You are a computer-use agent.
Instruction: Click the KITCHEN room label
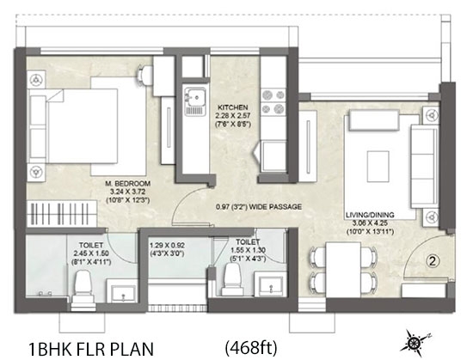pos(232,107)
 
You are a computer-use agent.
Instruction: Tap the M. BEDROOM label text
pos(127,184)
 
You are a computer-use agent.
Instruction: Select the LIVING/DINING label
pos(370,215)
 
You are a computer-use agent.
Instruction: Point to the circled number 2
pos(433,261)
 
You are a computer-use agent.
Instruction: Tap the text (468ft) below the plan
pos(251,348)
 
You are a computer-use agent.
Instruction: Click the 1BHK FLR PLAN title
pos(91,349)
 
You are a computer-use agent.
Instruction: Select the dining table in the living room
pos(343,270)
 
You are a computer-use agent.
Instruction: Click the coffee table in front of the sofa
pos(378,167)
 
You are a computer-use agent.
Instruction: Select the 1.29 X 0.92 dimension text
pos(167,245)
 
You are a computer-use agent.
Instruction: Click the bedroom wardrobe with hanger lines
pos(62,214)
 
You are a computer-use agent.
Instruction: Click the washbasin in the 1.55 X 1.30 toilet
pos(271,284)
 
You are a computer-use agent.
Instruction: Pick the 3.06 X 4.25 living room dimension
pos(370,223)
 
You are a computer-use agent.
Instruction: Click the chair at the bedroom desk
pos(145,74)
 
